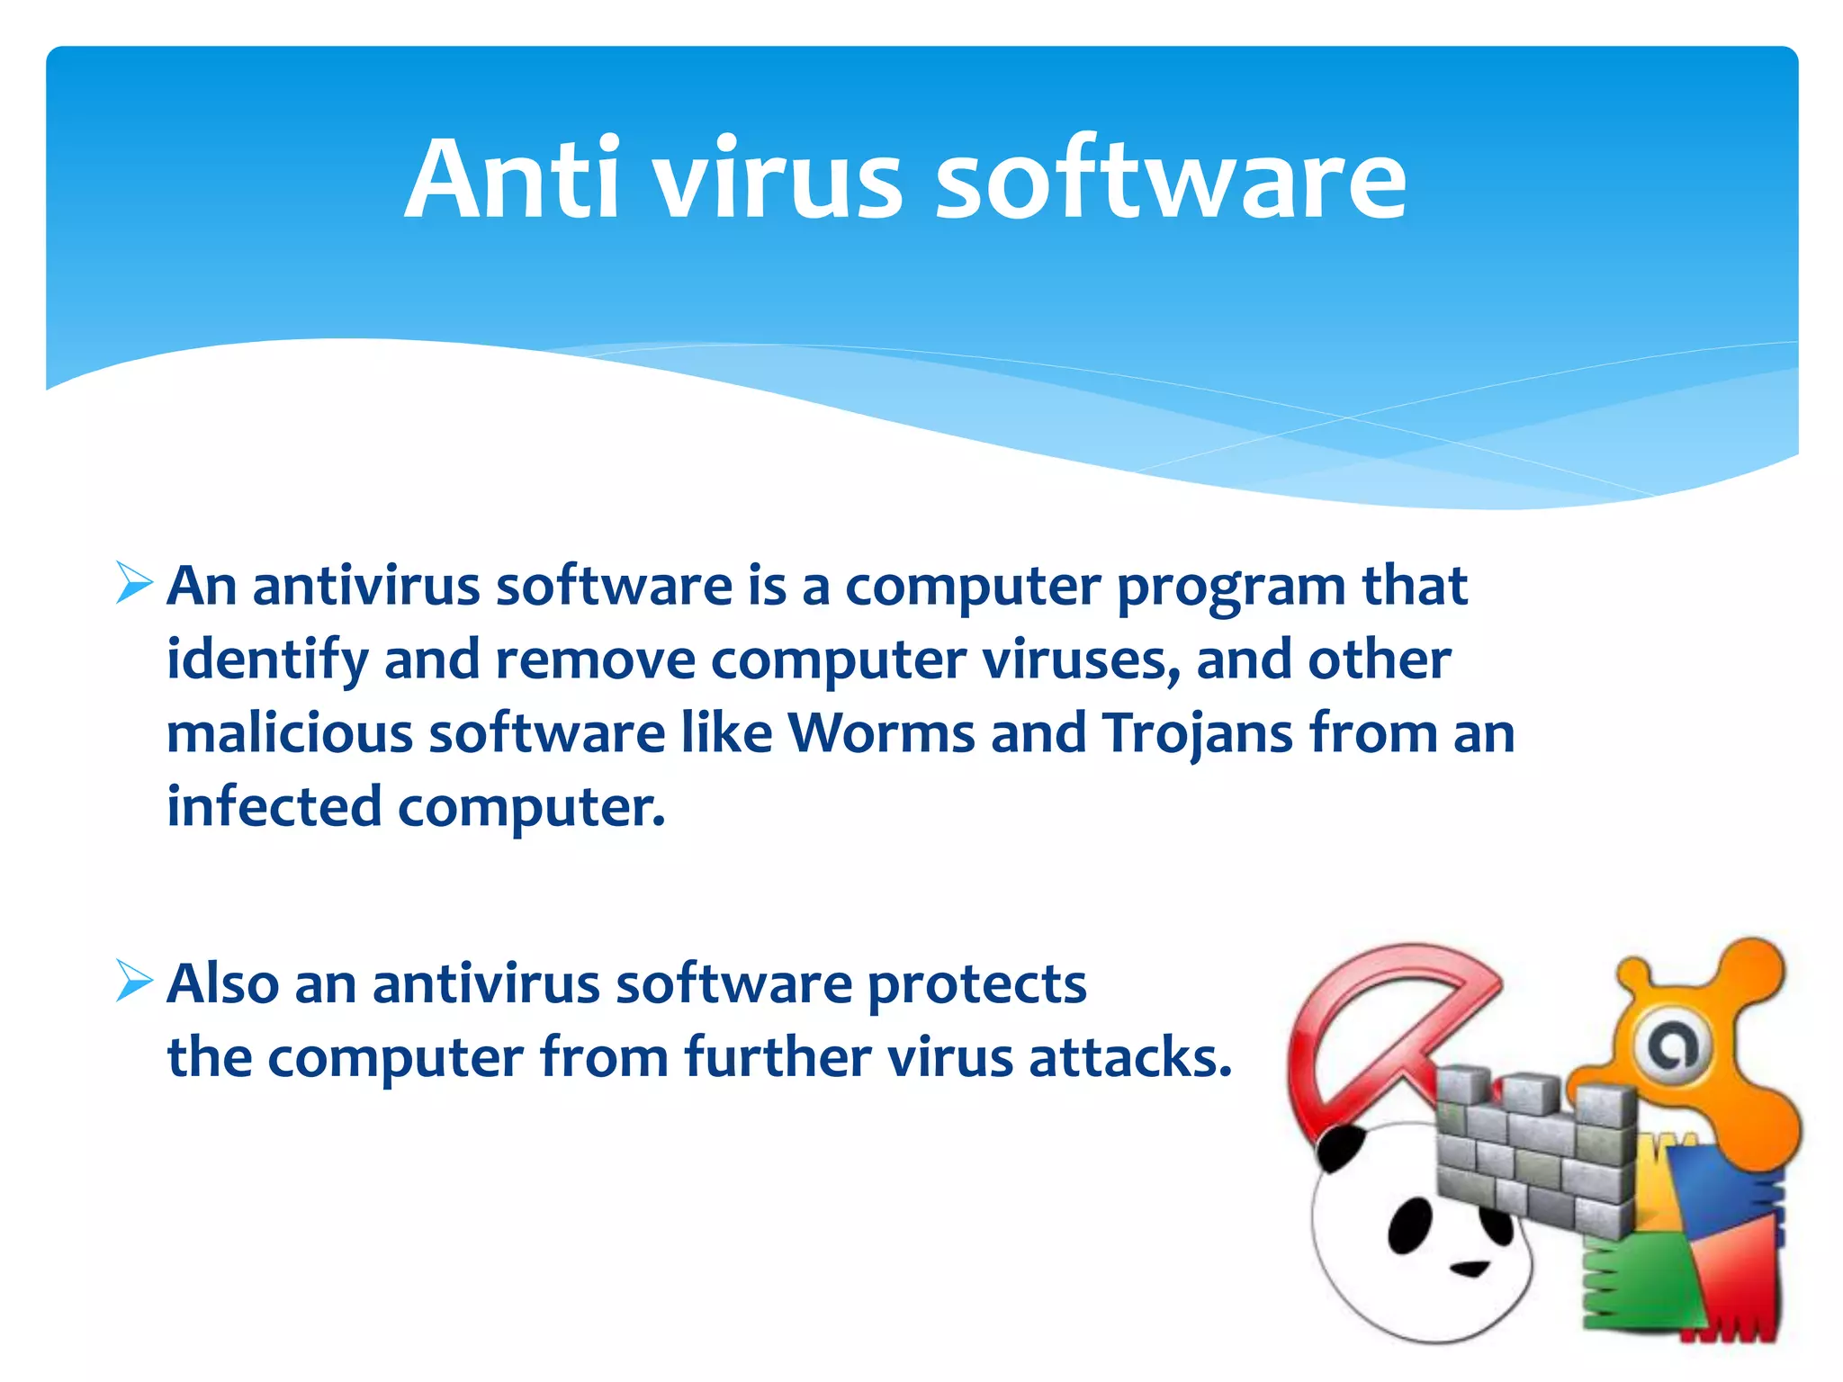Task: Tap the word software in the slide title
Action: pyautogui.click(x=1171, y=180)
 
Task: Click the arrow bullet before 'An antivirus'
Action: pyautogui.click(x=135, y=584)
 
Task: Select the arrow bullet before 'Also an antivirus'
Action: pyautogui.click(x=135, y=981)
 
